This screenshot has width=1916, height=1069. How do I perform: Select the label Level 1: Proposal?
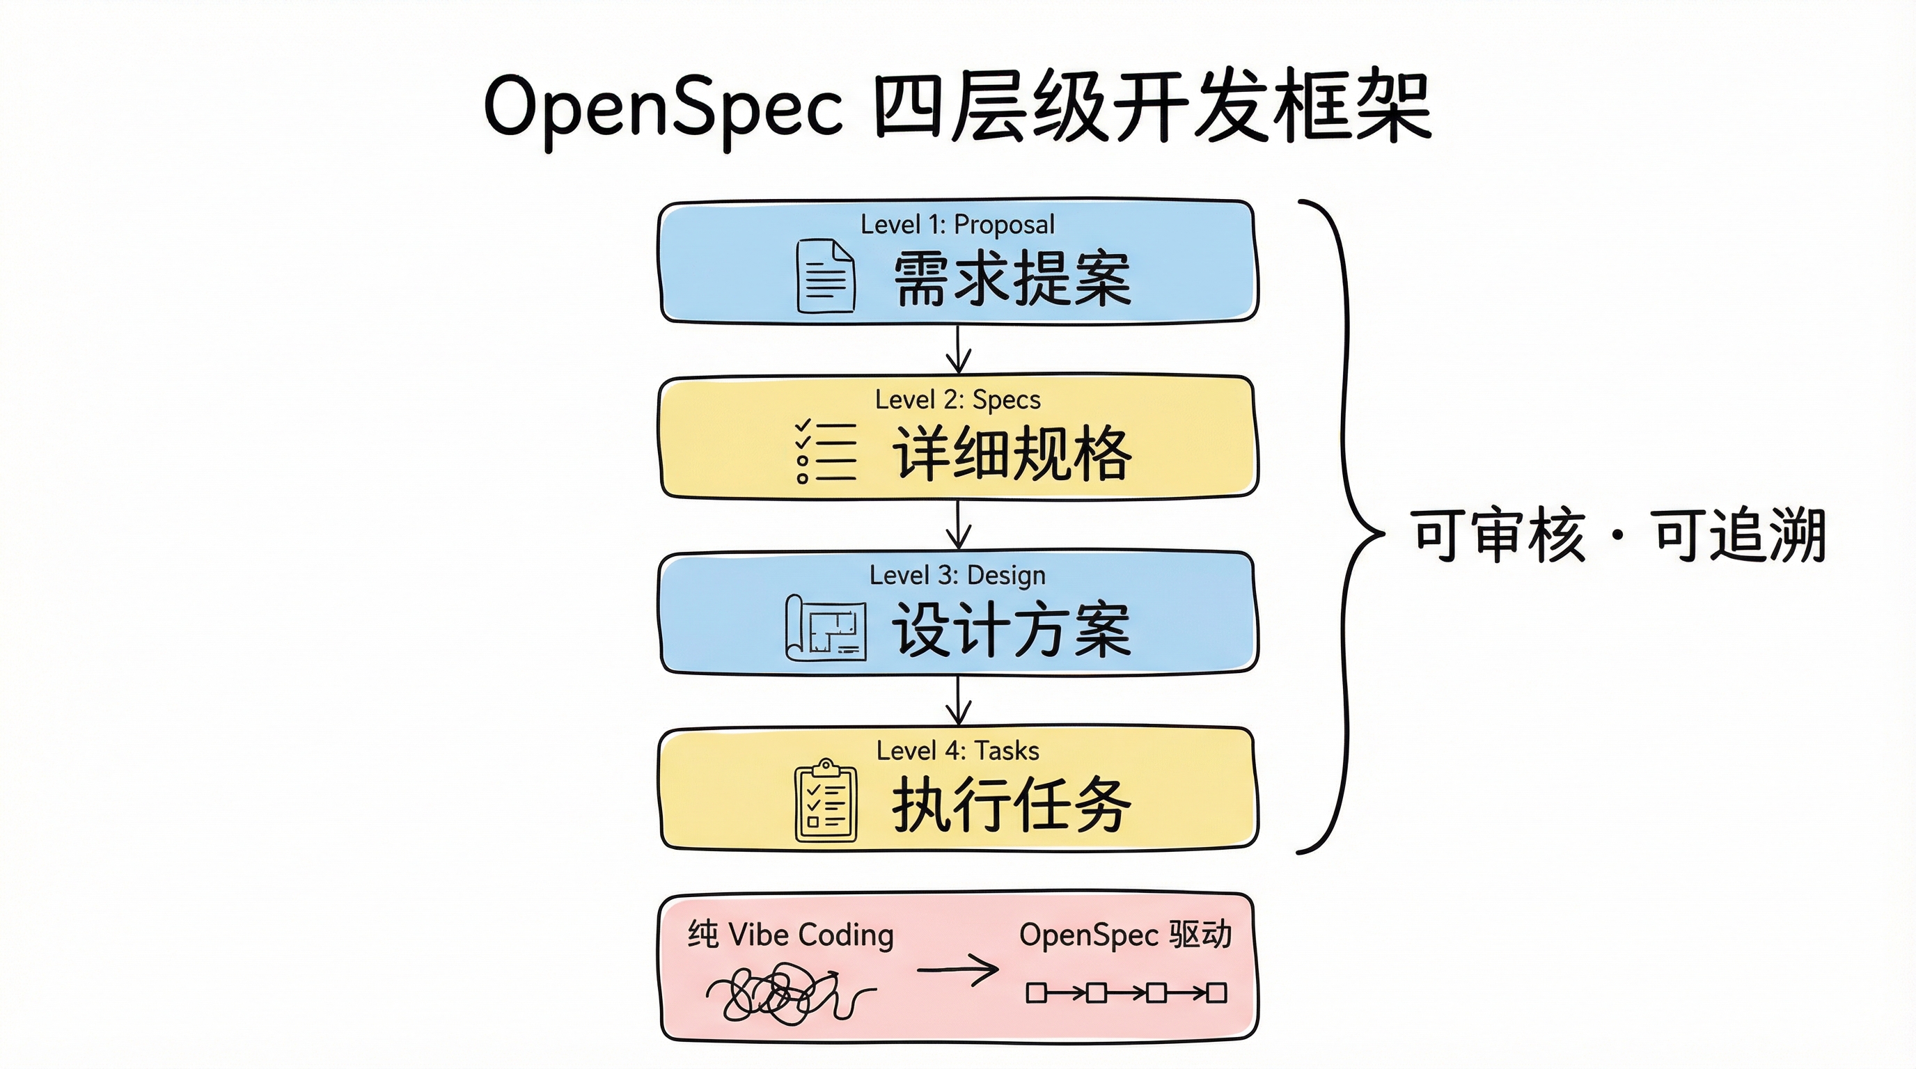957,225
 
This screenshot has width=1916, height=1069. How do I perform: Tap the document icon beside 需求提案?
826,276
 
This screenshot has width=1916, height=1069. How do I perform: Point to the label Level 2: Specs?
957,400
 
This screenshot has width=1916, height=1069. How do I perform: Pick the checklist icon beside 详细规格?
826,451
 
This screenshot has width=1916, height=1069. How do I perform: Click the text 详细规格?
1012,454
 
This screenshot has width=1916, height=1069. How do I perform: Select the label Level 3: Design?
957,576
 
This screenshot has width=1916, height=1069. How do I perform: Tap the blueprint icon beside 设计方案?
826,628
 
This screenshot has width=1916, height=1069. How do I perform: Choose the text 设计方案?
1012,630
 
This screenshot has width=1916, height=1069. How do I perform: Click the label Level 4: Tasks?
957,751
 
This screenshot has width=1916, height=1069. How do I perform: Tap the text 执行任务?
1012,805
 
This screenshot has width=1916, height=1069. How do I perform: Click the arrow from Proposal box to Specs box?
958,349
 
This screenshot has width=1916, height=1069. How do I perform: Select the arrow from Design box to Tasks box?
958,700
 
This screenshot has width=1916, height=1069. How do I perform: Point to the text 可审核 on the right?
1498,535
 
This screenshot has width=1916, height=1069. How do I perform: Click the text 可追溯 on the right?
1738,535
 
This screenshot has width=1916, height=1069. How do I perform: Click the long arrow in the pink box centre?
958,969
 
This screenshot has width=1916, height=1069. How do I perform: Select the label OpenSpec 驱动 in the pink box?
1125,935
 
